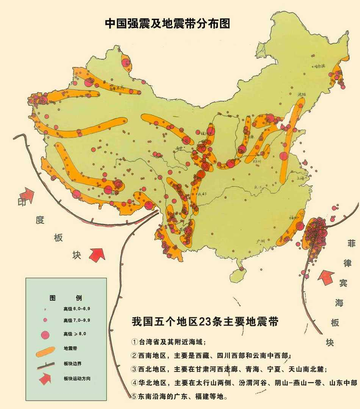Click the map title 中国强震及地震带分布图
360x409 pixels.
coord(167,23)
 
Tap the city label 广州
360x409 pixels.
coord(260,240)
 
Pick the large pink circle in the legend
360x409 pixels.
coord(45,335)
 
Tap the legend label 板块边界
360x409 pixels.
coord(72,364)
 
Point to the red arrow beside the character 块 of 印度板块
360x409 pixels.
coord(97,254)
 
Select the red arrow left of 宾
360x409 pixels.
coord(325,278)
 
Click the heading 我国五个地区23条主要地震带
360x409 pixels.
coord(205,322)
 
